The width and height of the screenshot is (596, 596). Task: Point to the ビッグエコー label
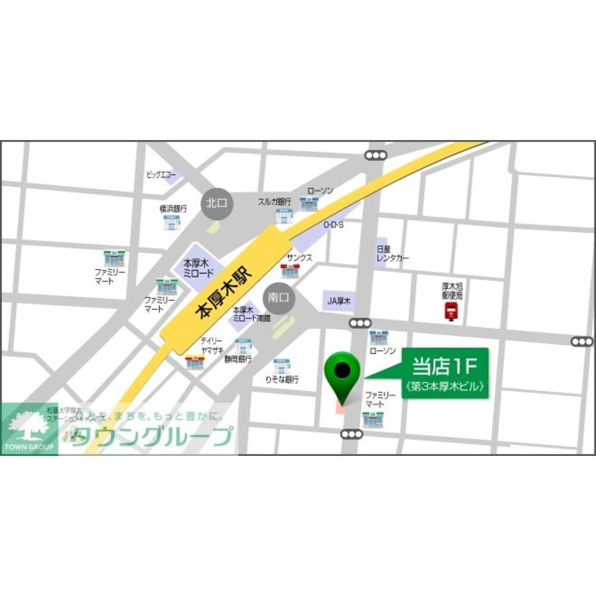[x=162, y=175]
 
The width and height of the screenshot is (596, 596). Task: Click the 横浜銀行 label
[x=173, y=209]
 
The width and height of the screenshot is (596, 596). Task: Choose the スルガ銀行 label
[x=274, y=201]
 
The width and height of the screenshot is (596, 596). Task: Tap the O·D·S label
[x=334, y=225]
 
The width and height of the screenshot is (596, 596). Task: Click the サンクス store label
[x=299, y=257]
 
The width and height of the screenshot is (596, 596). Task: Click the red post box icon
[x=450, y=311]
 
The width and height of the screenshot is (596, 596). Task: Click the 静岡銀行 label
[x=238, y=359]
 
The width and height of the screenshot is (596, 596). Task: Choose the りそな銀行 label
[x=282, y=380]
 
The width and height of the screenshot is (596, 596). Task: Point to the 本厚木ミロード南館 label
[x=251, y=314]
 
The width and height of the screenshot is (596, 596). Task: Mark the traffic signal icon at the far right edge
[x=581, y=342]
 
